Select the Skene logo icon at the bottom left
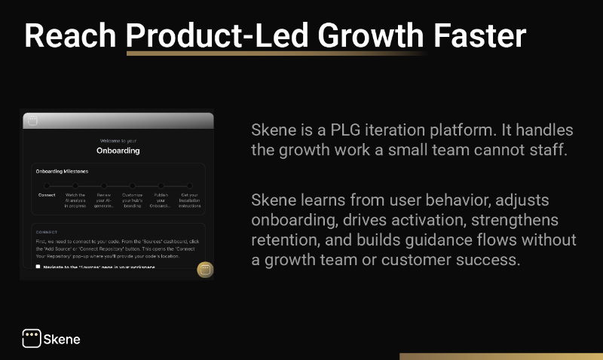point(31,339)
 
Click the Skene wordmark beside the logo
point(63,340)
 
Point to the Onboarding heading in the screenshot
point(118,150)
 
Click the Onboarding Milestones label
point(62,172)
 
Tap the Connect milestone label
point(47,195)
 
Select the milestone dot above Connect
point(47,185)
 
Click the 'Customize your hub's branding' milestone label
point(137,200)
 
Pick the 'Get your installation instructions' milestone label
point(189,200)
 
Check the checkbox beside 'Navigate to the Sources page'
point(38,267)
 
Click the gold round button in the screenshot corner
point(204,270)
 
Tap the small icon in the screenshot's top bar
point(31,121)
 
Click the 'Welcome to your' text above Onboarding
point(118,141)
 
